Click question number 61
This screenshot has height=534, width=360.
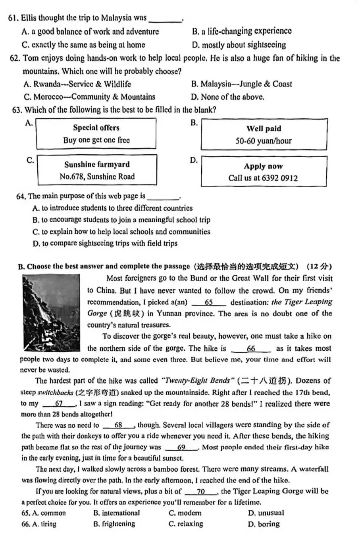13,18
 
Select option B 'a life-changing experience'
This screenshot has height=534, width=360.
242,31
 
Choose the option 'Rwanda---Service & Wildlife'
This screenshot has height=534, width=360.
77,84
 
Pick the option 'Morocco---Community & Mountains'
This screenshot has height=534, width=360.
89,97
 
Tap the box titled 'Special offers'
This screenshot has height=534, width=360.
96,134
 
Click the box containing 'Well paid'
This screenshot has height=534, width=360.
264,134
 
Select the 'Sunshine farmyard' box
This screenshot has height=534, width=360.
97,170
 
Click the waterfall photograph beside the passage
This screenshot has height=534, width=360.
52,312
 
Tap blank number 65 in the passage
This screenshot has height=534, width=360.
209,302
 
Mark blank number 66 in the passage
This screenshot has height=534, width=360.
251,349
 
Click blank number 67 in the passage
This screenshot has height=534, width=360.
59,404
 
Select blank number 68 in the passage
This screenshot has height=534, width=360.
118,425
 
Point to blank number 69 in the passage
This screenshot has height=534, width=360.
181,448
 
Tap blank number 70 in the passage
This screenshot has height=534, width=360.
201,492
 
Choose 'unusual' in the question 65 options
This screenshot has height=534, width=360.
266,513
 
